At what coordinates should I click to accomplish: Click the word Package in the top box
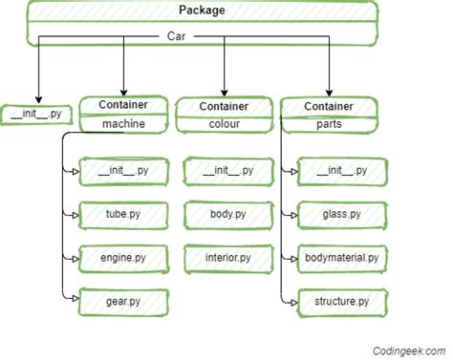coord(202,11)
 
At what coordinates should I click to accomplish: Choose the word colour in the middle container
coord(224,124)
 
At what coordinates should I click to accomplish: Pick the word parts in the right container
coord(329,124)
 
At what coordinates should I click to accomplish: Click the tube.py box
coord(123,214)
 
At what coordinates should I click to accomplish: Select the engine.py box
coord(123,258)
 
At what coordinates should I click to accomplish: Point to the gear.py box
coord(123,302)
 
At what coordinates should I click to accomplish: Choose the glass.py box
coord(341,214)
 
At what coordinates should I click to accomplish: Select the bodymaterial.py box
coord(341,258)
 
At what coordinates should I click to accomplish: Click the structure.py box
coord(341,302)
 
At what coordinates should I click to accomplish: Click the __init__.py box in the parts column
coord(341,171)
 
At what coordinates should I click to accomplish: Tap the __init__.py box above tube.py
coord(123,171)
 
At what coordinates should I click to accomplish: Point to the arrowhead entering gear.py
coord(75,302)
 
